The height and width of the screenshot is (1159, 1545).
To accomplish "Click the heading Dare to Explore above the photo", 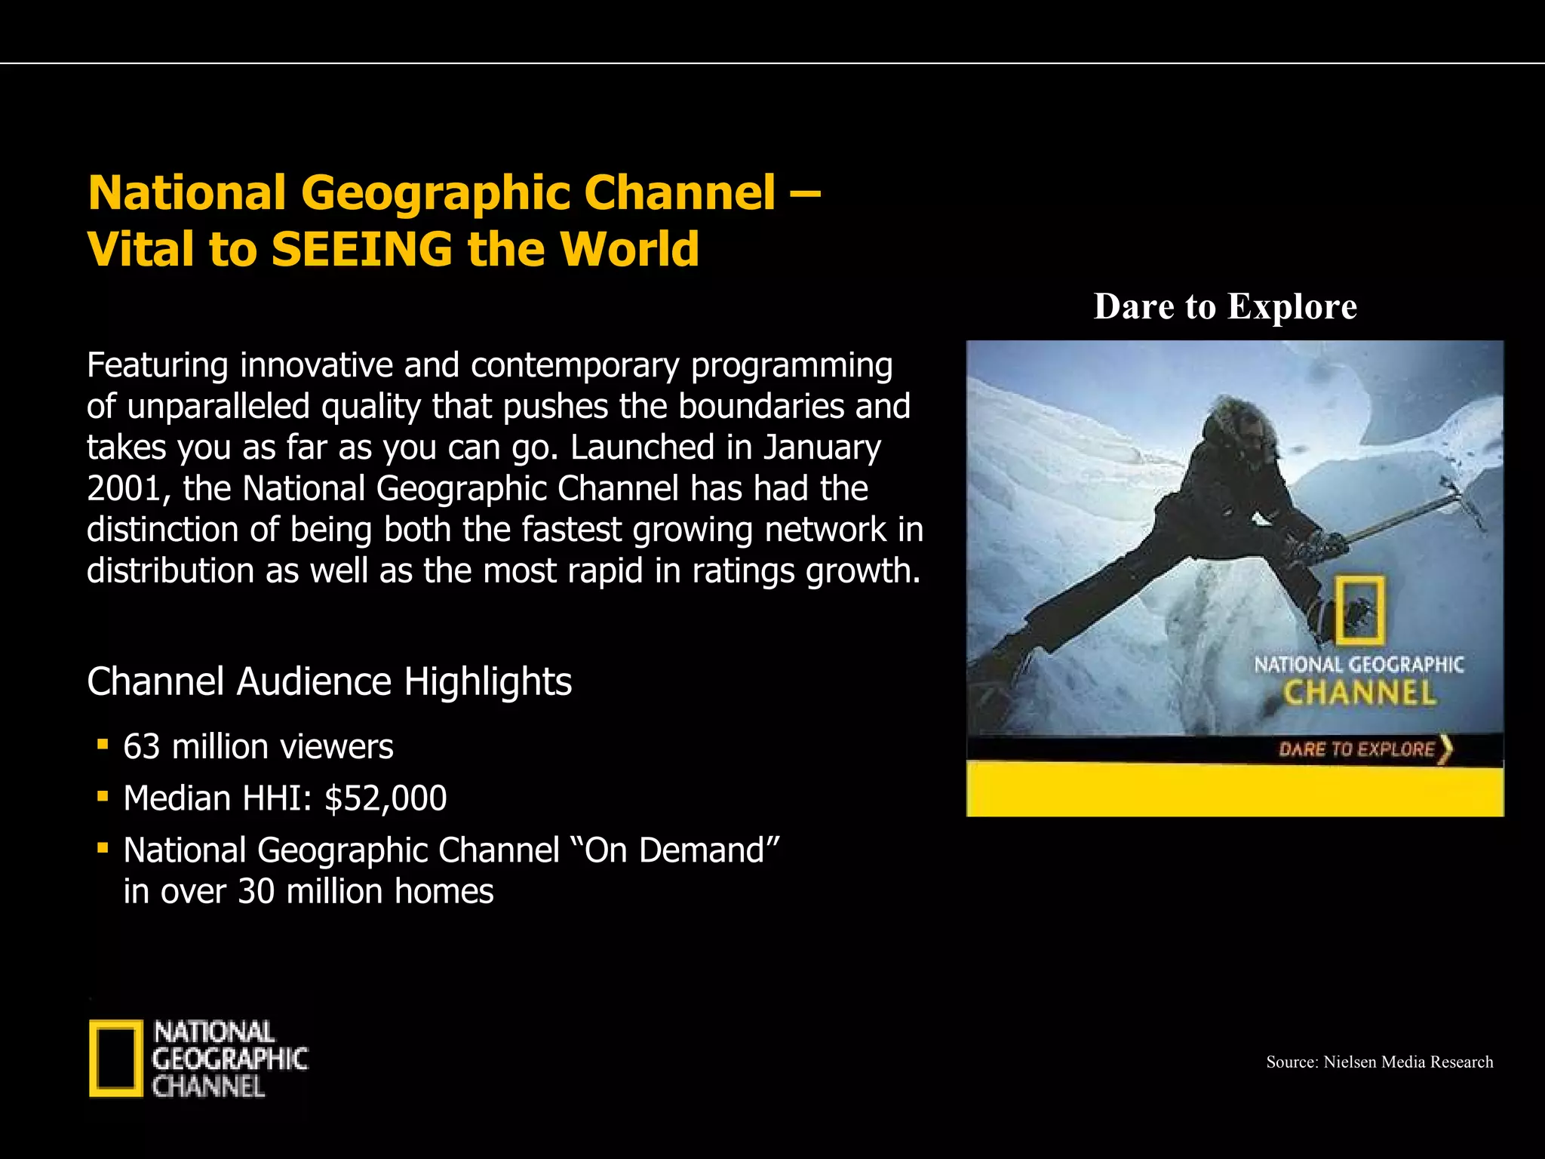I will tap(1225, 306).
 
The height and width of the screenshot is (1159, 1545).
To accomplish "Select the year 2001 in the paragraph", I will tap(122, 489).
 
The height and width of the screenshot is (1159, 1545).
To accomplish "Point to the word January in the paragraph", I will tap(822, 447).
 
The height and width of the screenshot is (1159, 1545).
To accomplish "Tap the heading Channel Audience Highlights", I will tap(329, 681).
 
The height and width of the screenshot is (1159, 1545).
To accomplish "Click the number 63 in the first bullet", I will tap(142, 747).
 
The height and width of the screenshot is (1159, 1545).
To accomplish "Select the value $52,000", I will tap(385, 798).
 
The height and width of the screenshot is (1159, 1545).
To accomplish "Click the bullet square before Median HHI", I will tap(103, 795).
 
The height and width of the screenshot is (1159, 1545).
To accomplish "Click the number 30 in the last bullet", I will tap(256, 892).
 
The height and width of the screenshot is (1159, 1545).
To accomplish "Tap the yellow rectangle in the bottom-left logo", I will tap(115, 1058).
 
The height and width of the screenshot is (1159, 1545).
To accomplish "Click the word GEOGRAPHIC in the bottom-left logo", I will tap(230, 1059).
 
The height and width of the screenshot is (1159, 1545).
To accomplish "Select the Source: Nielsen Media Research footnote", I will tap(1379, 1062).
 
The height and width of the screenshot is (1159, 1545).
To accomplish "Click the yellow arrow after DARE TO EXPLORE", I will tap(1445, 749).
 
